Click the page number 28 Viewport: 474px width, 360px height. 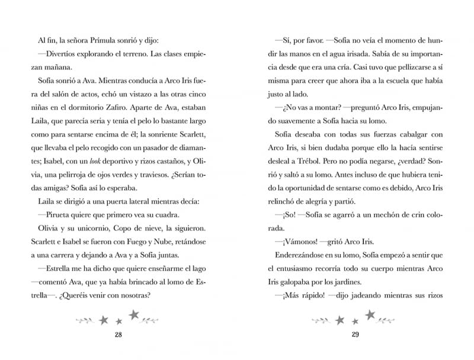point(118,335)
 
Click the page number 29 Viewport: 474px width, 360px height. point(355,335)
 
